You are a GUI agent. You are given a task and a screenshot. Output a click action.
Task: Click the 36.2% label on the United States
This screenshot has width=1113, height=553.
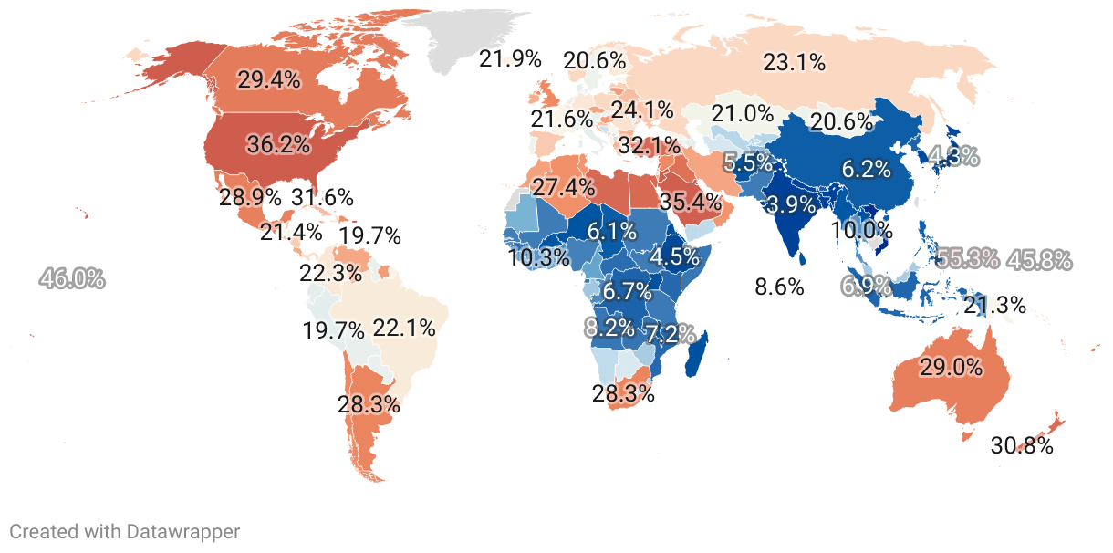point(278,144)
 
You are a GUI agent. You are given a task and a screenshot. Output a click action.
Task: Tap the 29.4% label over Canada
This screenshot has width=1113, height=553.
point(269,79)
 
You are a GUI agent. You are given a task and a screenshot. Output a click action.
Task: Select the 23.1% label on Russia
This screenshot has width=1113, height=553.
point(795,63)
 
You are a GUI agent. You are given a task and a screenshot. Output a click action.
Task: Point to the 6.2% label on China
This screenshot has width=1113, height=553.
point(866,169)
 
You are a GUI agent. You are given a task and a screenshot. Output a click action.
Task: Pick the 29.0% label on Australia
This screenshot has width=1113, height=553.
point(951,368)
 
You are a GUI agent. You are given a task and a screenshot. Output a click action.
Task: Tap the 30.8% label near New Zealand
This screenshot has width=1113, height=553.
point(1022,446)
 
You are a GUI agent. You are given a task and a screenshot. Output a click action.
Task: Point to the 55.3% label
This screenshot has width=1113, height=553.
point(968,258)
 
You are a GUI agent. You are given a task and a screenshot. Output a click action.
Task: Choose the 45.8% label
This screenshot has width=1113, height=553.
point(1039,260)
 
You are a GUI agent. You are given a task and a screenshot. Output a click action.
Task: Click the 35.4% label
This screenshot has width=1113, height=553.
point(691,201)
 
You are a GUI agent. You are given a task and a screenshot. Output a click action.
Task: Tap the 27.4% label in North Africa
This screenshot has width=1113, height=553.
point(564,188)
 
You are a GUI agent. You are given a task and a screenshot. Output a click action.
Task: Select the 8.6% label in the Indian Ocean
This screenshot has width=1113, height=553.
point(779,287)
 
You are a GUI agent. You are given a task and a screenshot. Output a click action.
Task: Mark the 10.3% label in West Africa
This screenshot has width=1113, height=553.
point(539,257)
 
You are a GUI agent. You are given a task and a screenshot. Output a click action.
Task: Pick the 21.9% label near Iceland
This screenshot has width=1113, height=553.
point(511,60)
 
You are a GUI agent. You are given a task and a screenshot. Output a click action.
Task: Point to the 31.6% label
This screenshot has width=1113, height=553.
point(322,197)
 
